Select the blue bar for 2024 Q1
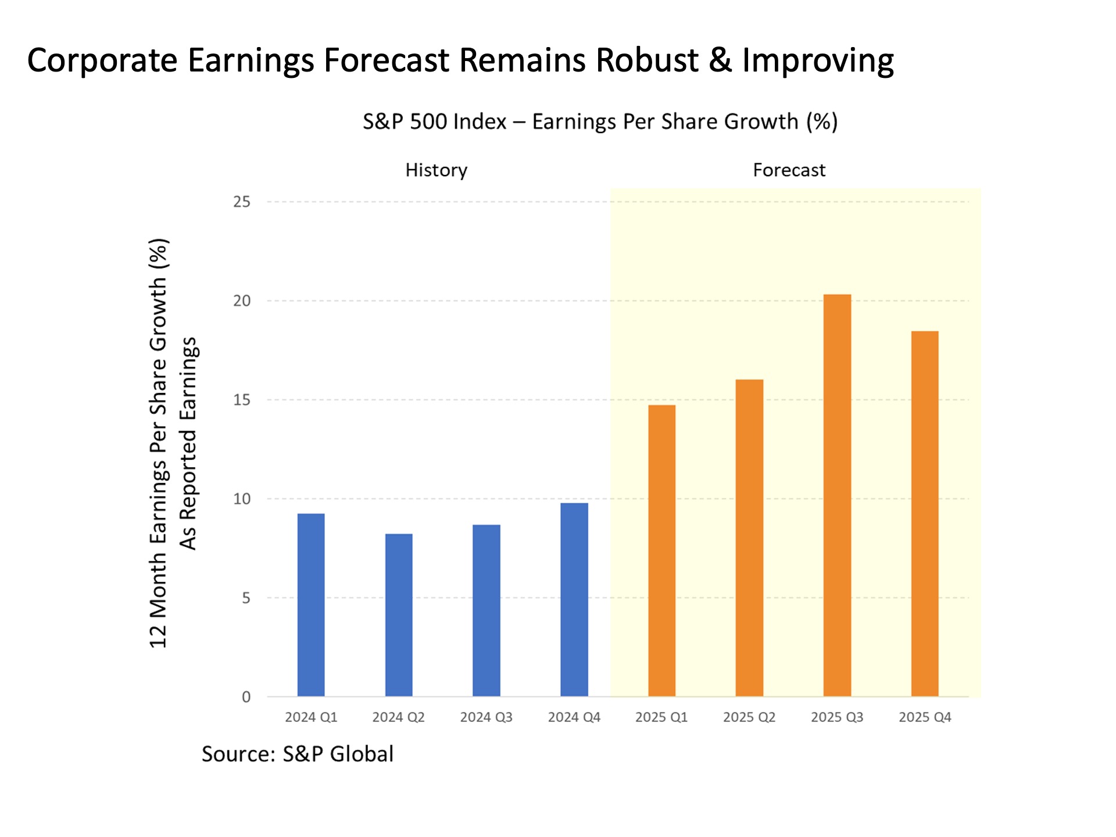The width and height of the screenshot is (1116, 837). (311, 604)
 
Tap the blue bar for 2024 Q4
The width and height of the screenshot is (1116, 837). (574, 599)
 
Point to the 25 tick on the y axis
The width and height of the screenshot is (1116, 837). (242, 202)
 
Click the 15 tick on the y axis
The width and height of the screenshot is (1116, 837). (242, 400)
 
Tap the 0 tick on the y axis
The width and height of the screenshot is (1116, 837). (246, 697)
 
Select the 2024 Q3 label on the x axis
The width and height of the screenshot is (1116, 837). (487, 717)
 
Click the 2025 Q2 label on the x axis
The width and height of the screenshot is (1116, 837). (749, 717)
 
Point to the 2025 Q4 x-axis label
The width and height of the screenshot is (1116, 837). (925, 717)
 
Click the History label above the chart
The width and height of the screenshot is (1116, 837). (437, 170)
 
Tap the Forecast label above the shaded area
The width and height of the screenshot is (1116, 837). (789, 170)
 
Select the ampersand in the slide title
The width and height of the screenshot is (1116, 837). (720, 60)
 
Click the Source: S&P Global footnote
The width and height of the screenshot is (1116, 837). (298, 754)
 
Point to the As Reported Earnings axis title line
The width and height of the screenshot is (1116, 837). (188, 443)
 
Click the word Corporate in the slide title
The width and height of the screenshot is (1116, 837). (102, 60)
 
